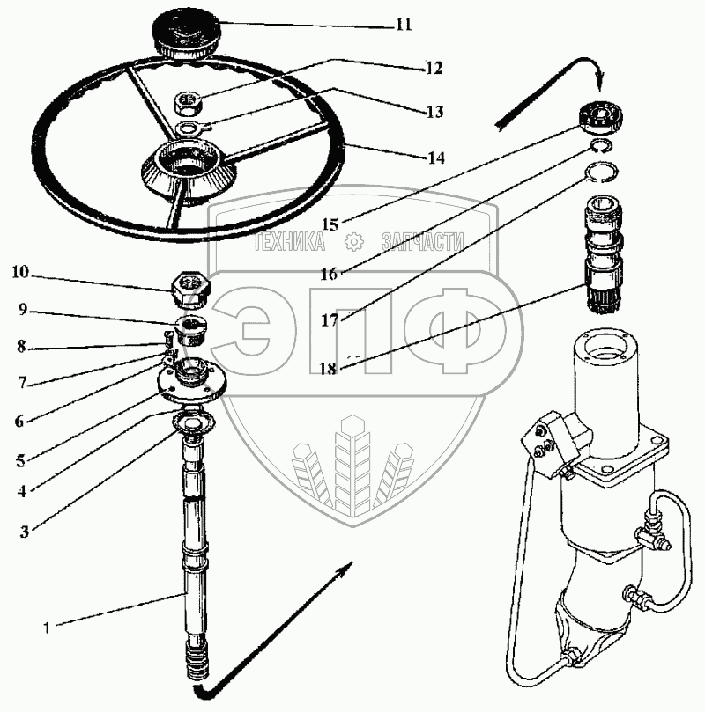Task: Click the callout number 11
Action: click(x=403, y=25)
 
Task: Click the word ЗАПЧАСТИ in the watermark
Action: click(x=422, y=239)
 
